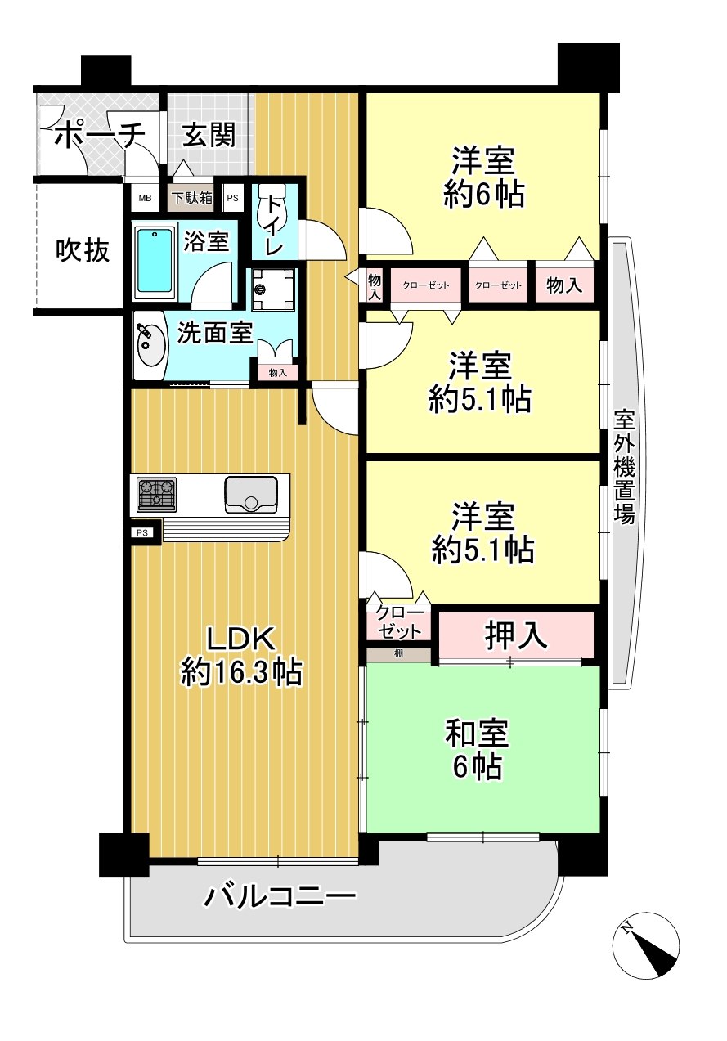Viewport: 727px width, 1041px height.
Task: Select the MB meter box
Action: click(x=146, y=198)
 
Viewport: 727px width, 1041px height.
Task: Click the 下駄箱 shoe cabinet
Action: click(x=192, y=198)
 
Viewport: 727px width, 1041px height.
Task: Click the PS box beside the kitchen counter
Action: click(x=142, y=533)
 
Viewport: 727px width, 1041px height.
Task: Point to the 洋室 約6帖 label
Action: click(x=484, y=177)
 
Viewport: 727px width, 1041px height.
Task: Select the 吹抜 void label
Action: click(x=83, y=250)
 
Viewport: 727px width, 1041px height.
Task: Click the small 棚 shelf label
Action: click(x=398, y=653)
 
